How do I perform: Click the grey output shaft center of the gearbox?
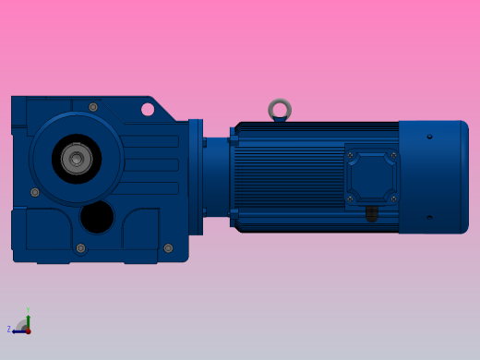point(77,159)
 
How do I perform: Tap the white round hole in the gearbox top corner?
point(148,110)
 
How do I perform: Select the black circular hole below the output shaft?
point(97,217)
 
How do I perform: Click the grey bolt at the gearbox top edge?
point(93,107)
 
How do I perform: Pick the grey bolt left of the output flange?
point(35,192)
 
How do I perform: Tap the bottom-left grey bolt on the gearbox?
point(81,248)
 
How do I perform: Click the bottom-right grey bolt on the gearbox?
point(168,247)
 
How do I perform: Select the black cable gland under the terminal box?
point(372,214)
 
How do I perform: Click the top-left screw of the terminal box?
point(350,155)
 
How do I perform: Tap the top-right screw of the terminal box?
point(393,155)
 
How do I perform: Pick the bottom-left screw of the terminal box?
point(350,198)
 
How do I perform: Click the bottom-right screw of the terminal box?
point(393,198)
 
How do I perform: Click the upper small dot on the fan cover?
point(429,137)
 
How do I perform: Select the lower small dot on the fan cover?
point(429,218)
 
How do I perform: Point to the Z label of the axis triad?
point(9,330)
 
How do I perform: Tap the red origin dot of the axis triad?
point(28,330)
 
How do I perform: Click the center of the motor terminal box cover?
point(372,176)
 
